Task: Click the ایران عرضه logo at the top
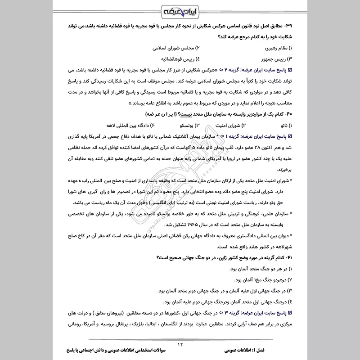[x=180, y=11]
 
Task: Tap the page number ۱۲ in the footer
[x=180, y=344]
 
